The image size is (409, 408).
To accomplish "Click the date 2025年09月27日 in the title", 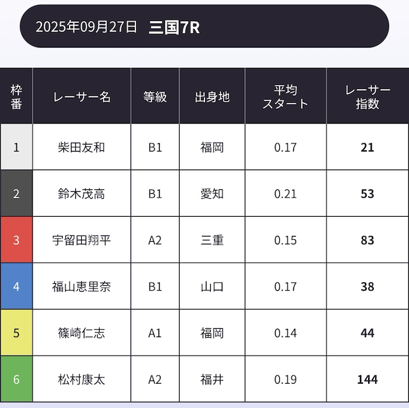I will click(x=86, y=27).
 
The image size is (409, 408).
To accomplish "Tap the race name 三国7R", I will click(x=174, y=27).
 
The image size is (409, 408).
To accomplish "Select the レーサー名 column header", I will click(x=82, y=97).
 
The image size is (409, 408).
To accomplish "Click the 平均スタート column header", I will click(x=285, y=97).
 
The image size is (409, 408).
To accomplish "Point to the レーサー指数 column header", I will click(x=367, y=97).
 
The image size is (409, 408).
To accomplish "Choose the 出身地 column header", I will click(x=212, y=97).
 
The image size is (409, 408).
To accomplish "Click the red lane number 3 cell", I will click(x=17, y=240).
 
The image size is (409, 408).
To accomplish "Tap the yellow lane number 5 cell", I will click(x=17, y=333).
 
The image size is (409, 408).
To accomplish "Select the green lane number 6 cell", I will click(x=17, y=379).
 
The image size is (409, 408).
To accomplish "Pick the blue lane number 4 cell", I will click(x=17, y=286).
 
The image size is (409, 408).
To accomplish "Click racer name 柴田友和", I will click(x=81, y=147).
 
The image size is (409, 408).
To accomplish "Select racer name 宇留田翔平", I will click(x=81, y=240).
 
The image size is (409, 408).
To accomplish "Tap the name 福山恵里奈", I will click(x=81, y=286).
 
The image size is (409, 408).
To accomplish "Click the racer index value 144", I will click(x=367, y=379).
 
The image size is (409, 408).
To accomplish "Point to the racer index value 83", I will click(x=367, y=240).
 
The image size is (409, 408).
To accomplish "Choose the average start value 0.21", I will click(x=285, y=193).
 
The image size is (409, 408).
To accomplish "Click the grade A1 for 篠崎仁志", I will click(x=155, y=333).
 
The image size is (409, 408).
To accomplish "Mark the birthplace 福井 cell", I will click(x=212, y=379).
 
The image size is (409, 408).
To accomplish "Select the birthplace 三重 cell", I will click(x=212, y=240).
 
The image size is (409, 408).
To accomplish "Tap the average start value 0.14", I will click(x=285, y=333).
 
